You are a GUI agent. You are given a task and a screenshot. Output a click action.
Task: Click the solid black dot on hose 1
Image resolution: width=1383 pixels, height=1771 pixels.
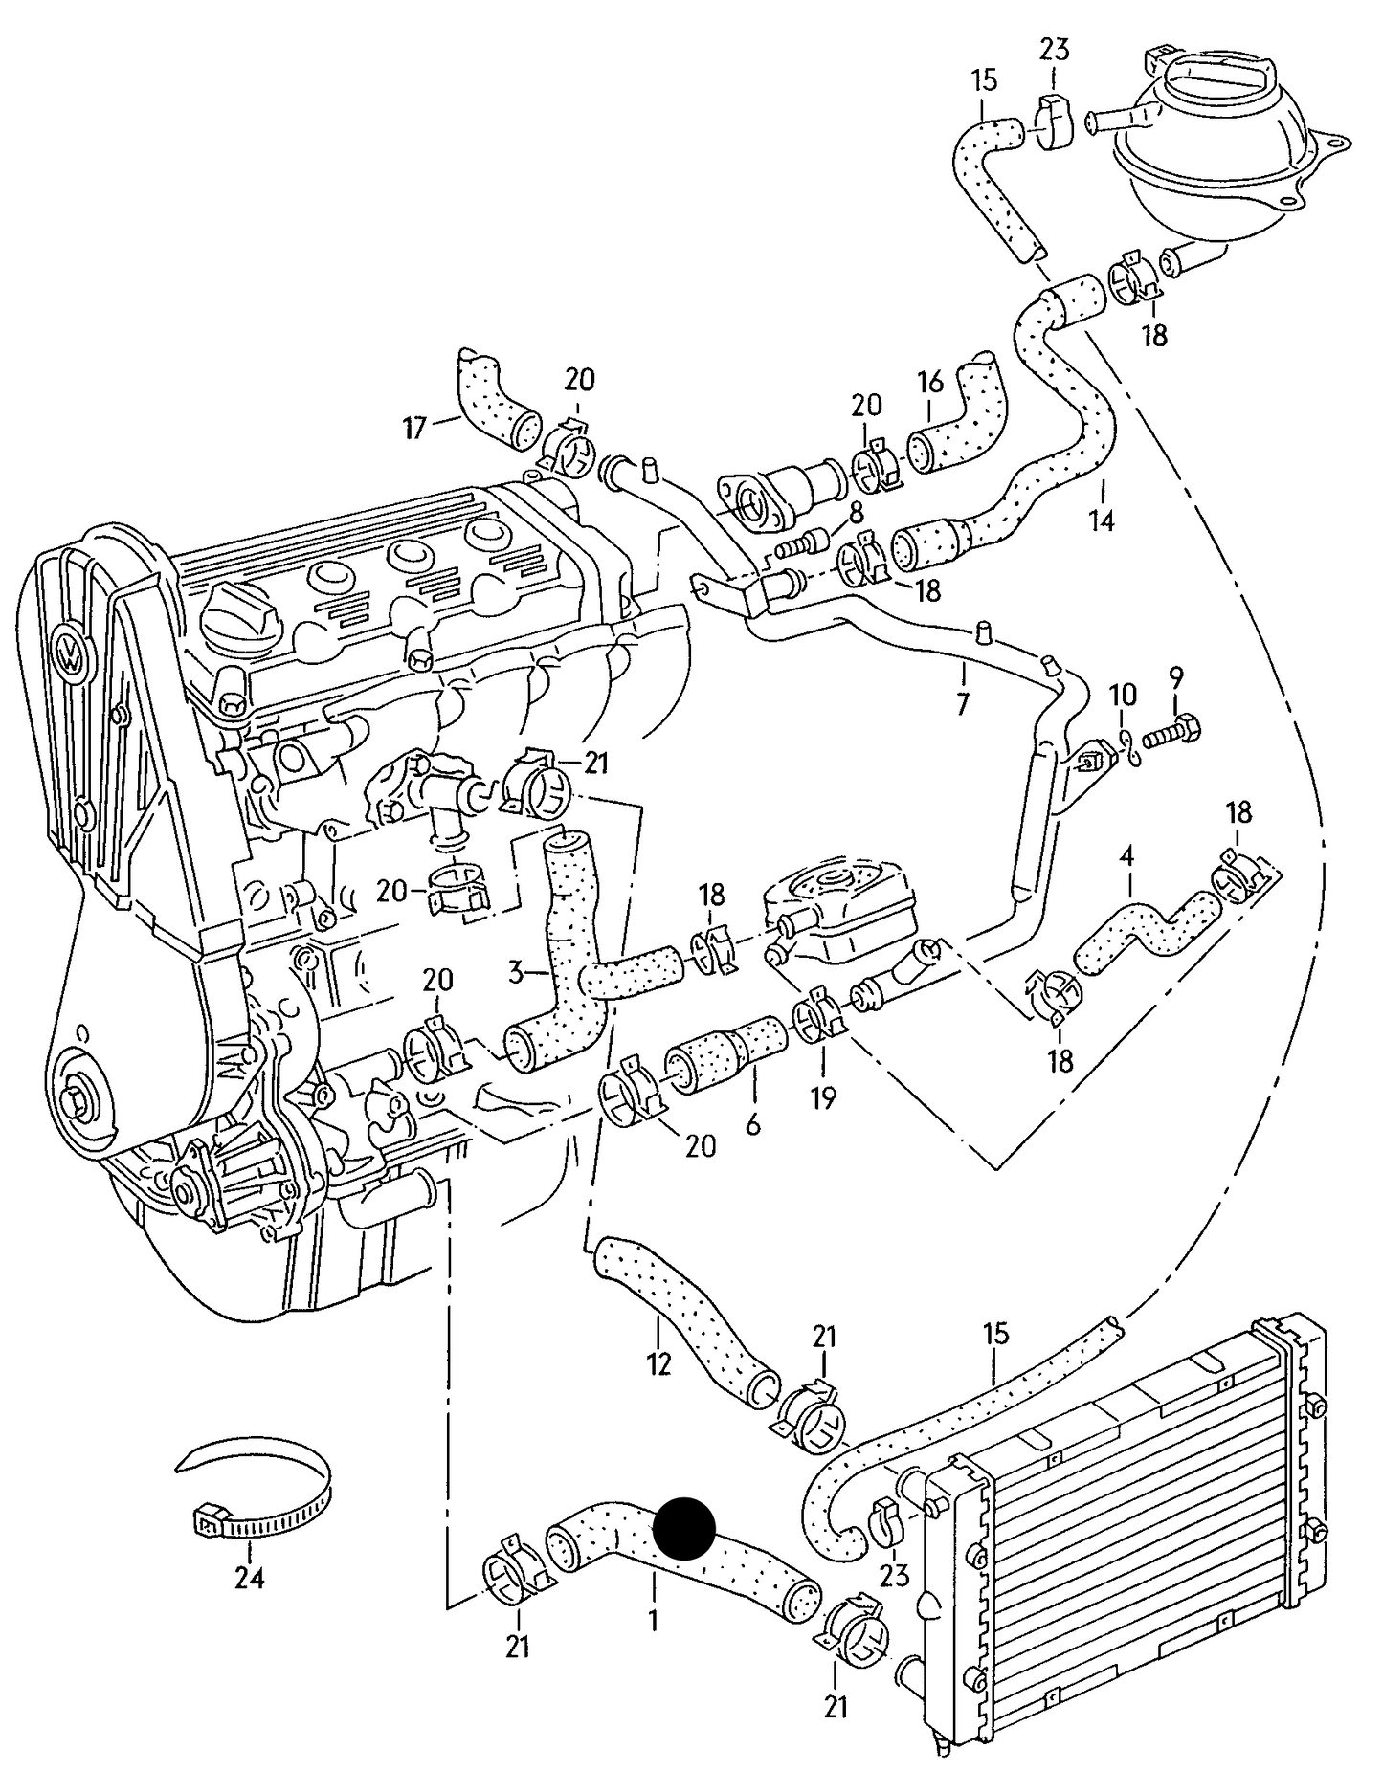click(x=683, y=1528)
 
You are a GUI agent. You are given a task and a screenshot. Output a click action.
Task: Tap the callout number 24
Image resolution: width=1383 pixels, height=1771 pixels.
click(x=249, y=1578)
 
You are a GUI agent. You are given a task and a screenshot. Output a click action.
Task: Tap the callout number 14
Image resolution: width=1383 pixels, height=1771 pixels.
click(x=1101, y=521)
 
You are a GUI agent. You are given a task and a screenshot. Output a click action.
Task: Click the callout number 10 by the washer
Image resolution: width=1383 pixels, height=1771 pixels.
click(x=1124, y=694)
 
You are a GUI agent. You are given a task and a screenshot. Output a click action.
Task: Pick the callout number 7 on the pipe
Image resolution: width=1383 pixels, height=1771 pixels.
click(x=963, y=705)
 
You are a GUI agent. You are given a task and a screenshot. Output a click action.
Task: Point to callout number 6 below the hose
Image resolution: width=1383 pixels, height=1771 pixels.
click(x=752, y=1125)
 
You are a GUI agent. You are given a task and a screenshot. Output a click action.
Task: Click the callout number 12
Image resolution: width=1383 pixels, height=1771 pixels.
click(x=658, y=1362)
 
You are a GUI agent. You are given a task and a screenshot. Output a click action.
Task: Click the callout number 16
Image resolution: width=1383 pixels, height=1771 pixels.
click(x=930, y=383)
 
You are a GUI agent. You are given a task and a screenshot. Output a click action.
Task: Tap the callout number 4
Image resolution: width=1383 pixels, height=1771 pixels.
click(x=1126, y=855)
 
